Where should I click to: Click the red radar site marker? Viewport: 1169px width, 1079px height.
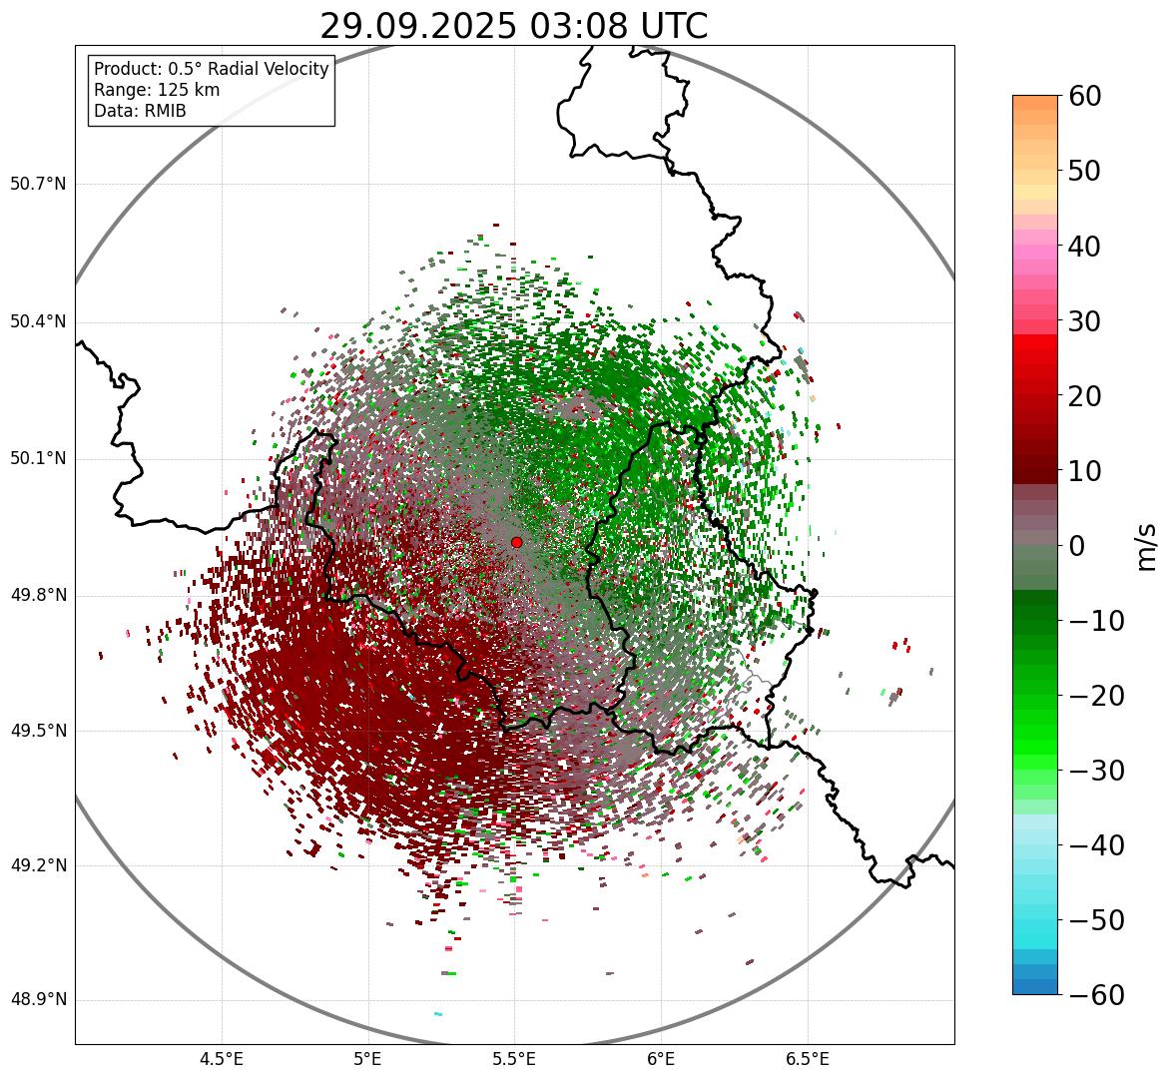516,542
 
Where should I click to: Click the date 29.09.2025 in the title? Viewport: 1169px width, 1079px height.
417,27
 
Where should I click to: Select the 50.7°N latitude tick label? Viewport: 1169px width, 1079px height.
38,185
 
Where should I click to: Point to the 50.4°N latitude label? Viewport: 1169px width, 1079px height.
38,321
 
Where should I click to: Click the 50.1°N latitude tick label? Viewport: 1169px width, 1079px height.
38,459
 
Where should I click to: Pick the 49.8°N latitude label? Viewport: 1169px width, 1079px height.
38,596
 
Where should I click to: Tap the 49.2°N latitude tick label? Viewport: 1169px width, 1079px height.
38,865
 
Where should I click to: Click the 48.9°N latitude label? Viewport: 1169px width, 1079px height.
38,1000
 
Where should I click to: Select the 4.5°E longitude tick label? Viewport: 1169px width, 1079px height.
222,1059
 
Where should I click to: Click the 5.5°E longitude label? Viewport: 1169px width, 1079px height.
514,1059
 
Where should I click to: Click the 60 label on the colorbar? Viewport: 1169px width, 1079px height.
1085,97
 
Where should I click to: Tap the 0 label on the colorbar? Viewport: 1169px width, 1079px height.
1077,546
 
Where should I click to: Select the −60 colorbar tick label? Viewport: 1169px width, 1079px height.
1094,995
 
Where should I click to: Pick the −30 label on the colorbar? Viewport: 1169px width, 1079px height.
1094,771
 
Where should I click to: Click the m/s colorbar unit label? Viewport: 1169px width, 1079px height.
1146,546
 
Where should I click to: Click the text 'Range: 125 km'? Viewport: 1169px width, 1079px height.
157,90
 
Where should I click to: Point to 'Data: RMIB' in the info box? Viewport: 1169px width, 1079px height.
140,111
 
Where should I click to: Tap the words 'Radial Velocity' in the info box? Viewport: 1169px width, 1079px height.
265,69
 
